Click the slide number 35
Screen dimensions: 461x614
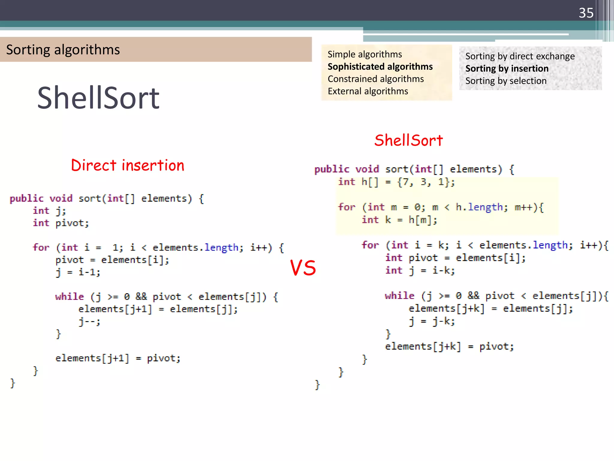586,13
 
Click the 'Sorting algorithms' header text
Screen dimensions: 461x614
63,50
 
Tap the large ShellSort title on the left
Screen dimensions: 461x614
98,98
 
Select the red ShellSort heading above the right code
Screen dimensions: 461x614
408,140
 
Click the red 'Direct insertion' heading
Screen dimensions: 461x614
127,165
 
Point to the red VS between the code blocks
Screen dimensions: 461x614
303,268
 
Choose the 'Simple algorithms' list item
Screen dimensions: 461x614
365,54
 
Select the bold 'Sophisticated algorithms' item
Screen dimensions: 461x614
380,67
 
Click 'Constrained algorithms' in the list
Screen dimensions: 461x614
376,79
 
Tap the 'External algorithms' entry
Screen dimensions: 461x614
368,91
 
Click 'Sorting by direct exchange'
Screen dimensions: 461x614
520,56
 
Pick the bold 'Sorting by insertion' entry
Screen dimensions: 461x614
507,69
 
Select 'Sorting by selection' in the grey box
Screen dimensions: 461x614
506,81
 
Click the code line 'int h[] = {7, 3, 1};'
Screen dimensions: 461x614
396,182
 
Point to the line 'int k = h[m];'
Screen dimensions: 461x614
399,220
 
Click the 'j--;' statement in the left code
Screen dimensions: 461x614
89,321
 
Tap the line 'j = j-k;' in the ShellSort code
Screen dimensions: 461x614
432,321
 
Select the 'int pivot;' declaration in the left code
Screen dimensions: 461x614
61,223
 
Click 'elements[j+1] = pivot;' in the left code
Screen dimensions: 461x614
118,358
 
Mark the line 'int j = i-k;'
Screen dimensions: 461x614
420,271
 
